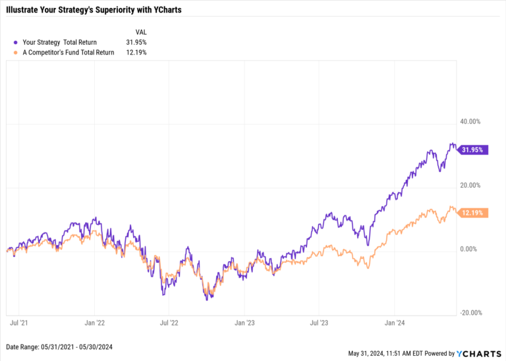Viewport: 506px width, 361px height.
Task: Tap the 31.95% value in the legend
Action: coord(137,42)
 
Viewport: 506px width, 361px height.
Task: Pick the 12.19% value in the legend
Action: coord(137,52)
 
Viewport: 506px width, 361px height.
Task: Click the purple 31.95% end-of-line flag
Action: coord(472,150)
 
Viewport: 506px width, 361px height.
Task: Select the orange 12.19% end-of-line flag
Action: coord(472,213)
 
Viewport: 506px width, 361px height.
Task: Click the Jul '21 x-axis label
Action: coord(19,323)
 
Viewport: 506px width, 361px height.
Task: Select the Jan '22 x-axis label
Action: coord(94,323)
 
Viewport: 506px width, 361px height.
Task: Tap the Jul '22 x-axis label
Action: coord(169,323)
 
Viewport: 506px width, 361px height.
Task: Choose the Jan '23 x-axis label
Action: coord(244,323)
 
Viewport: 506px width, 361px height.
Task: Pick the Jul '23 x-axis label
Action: coord(320,323)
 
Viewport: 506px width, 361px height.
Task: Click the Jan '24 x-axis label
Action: coord(394,323)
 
